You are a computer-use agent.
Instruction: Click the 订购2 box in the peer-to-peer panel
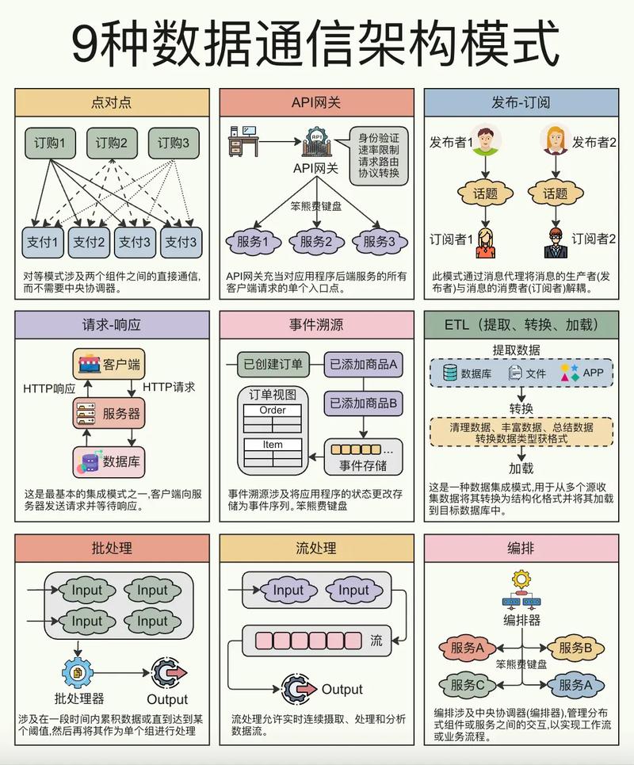click(x=112, y=143)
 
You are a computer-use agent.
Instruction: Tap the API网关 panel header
click(x=316, y=102)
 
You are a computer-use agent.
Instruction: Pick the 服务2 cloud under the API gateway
click(x=316, y=242)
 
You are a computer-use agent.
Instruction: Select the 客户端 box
click(x=110, y=365)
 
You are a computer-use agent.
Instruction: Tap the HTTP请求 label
click(x=169, y=388)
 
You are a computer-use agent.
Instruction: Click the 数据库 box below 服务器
click(x=110, y=461)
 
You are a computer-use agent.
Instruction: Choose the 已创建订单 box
click(x=272, y=365)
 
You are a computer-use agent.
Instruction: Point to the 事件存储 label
click(x=363, y=465)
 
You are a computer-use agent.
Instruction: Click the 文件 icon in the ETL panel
click(x=515, y=372)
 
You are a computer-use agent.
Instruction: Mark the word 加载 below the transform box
click(x=521, y=469)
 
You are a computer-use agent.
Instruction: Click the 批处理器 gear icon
click(x=78, y=672)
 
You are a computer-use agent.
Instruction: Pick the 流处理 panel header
click(x=316, y=548)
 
